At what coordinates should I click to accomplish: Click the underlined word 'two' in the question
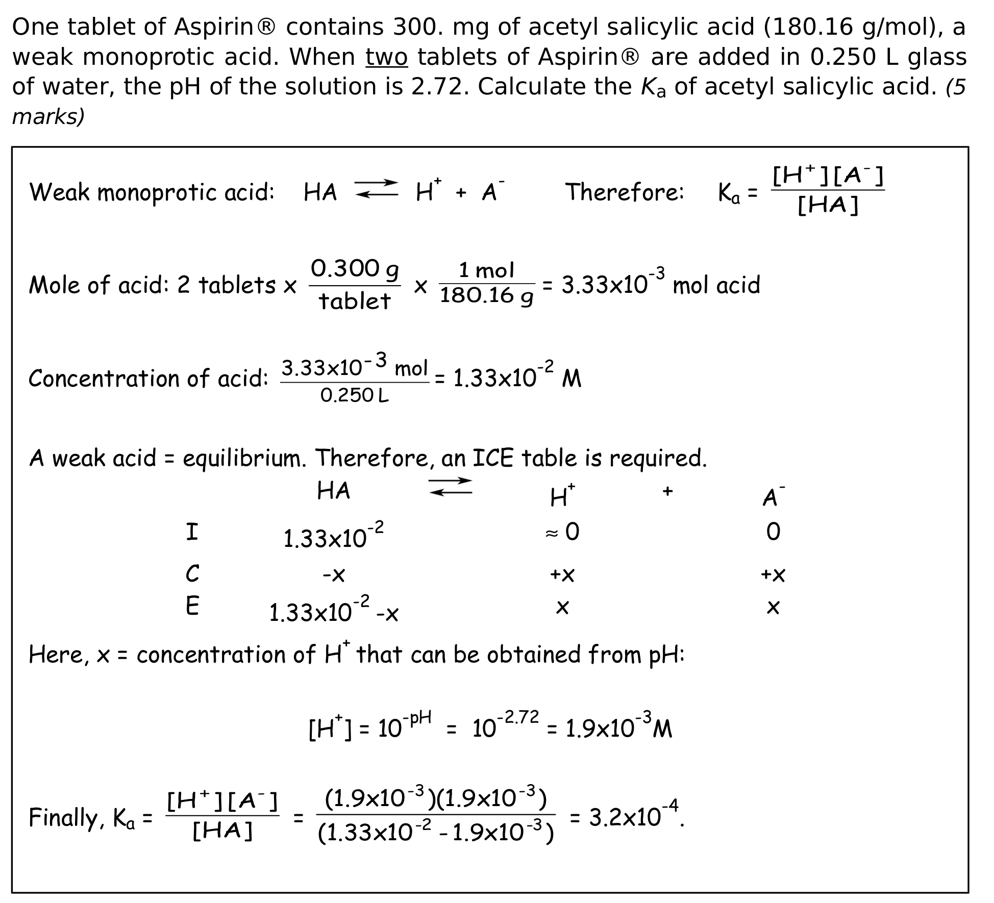[x=386, y=57]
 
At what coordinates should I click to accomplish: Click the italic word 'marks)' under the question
[x=48, y=117]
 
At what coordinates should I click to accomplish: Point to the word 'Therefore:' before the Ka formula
[x=625, y=192]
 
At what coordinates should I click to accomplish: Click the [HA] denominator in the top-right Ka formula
[x=828, y=206]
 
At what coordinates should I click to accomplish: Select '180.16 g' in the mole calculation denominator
[x=487, y=296]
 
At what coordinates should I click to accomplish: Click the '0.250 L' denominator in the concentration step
[x=355, y=395]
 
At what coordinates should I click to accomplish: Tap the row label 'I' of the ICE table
[x=192, y=533]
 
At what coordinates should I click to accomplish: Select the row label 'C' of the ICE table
[x=192, y=574]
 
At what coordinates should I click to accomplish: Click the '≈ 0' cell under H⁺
[x=562, y=533]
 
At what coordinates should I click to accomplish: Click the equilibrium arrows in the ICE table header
[x=450, y=487]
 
